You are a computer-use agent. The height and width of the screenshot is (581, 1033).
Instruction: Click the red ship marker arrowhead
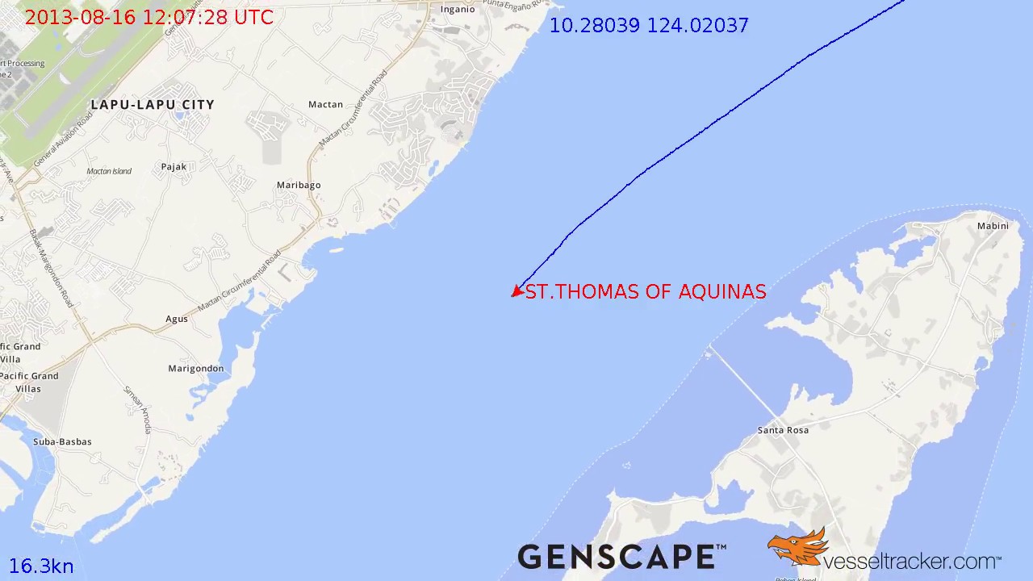tap(516, 292)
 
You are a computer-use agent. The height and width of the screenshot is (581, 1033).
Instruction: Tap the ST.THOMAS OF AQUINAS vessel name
tap(646, 292)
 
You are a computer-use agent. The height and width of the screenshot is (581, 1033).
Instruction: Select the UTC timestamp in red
tap(149, 18)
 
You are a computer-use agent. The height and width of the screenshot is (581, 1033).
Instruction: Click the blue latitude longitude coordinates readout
tap(649, 26)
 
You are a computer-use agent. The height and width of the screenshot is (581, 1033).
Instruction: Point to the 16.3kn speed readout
tap(41, 566)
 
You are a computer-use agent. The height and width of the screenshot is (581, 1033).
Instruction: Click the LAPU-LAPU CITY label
tap(153, 105)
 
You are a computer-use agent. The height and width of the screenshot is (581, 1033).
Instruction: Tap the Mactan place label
tap(325, 105)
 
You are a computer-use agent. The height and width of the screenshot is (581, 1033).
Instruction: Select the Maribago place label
tap(299, 186)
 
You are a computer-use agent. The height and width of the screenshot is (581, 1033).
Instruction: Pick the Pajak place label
tap(174, 167)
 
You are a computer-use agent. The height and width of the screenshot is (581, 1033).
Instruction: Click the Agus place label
tap(177, 320)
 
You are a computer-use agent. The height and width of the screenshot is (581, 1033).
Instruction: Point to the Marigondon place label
tap(196, 369)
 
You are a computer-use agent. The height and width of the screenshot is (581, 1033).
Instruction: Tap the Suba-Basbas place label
tap(62, 442)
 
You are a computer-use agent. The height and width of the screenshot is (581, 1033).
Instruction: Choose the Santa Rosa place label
tap(783, 431)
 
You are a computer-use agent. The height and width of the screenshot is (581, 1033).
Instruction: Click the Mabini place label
tap(993, 226)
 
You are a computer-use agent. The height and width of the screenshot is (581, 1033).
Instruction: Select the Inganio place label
tap(458, 10)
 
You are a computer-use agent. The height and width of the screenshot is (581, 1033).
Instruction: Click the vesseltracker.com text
tap(912, 560)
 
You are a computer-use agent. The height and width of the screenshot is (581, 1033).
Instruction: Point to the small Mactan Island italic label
tap(109, 171)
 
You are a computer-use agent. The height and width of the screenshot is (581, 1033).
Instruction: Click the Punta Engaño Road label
tap(515, 6)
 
